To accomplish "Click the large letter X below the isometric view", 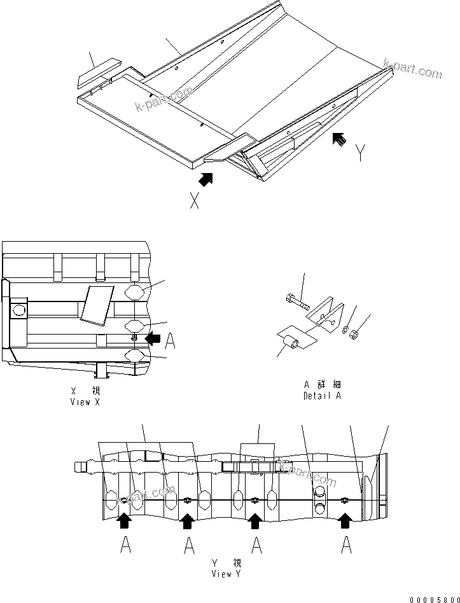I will [195, 202].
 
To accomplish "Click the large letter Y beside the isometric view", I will [360, 153].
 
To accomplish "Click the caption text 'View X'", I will [85, 403].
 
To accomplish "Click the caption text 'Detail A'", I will [323, 396].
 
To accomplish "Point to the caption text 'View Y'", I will [227, 573].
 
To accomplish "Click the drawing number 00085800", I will [433, 598].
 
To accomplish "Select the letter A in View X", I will [170, 342].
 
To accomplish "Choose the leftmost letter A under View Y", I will [125, 545].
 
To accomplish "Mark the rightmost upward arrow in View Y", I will [345, 522].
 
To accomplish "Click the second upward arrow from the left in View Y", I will [187, 522].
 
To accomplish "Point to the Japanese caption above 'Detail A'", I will [323, 385].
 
